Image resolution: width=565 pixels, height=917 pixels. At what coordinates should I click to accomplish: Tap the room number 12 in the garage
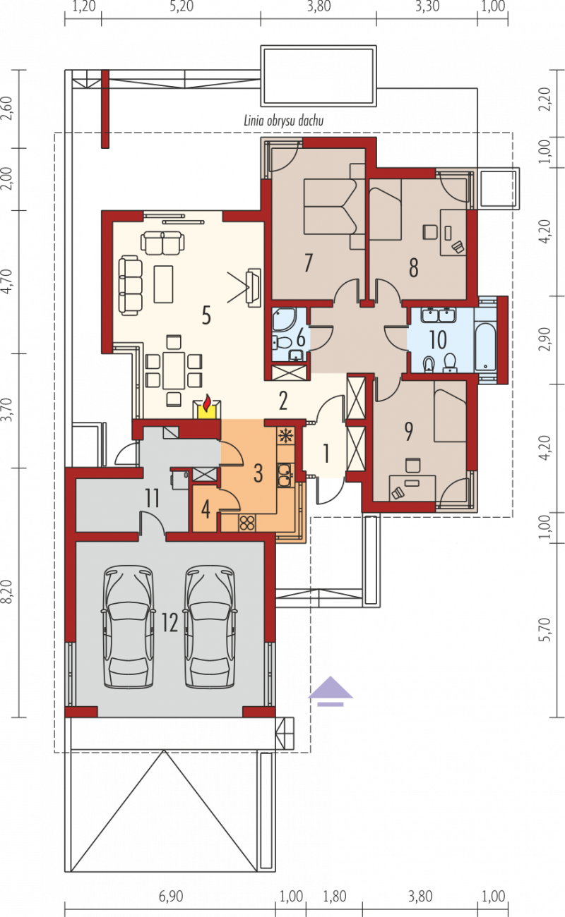pos(169,623)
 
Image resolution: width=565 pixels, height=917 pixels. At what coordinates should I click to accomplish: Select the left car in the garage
pos(129,626)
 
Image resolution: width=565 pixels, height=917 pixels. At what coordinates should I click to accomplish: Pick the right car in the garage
pos(210,626)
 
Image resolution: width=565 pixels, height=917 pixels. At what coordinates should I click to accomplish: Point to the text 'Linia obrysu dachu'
pos(284,121)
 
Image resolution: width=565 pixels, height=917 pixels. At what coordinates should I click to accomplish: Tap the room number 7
pos(309,262)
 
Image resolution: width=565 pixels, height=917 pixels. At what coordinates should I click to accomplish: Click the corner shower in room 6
pos(283,320)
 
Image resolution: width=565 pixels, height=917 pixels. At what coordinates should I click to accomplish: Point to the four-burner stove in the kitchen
pos(246,523)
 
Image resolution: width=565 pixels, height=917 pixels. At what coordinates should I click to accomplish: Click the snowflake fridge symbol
pos(284,437)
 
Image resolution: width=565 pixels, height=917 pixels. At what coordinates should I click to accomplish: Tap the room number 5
pos(206,315)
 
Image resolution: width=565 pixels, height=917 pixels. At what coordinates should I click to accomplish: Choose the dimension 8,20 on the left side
pos(9,592)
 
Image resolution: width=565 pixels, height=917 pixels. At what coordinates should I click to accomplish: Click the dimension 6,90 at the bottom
pos(171,897)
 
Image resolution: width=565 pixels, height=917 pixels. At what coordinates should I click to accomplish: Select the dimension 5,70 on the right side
pos(545,630)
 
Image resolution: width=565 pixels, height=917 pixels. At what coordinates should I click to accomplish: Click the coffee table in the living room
pos(163,284)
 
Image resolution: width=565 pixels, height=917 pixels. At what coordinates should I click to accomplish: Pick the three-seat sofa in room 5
pos(131,286)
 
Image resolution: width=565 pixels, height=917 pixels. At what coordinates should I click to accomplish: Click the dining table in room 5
pos(174,370)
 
